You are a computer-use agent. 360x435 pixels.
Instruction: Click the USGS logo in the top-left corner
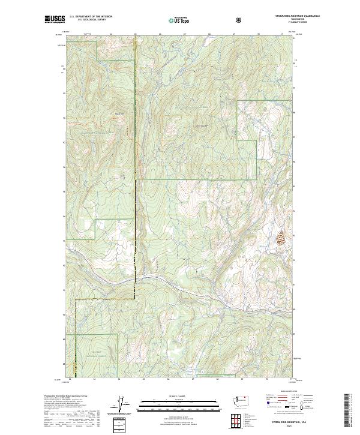(x=55, y=19)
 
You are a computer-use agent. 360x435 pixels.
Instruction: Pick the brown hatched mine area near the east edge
(x=280, y=238)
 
